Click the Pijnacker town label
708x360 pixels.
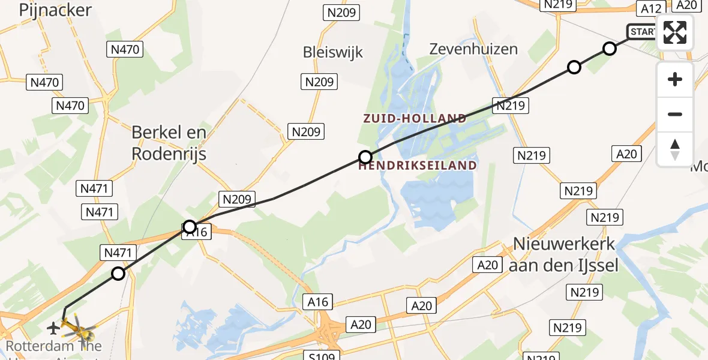55,10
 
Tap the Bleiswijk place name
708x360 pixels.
333,52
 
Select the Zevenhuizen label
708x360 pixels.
473,49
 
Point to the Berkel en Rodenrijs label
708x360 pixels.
169,143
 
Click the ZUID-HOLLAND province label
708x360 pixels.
415,118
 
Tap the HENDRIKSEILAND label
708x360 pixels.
418,165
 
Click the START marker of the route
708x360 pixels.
642,31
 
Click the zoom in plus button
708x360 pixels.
675,79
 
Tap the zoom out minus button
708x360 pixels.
675,114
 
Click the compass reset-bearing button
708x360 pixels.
675,149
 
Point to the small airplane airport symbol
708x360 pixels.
53,328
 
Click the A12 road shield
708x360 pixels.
651,8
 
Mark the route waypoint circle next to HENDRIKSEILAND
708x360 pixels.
365,158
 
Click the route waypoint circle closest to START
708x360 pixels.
610,49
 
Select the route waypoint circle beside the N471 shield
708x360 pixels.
118,274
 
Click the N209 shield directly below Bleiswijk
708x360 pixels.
319,82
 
